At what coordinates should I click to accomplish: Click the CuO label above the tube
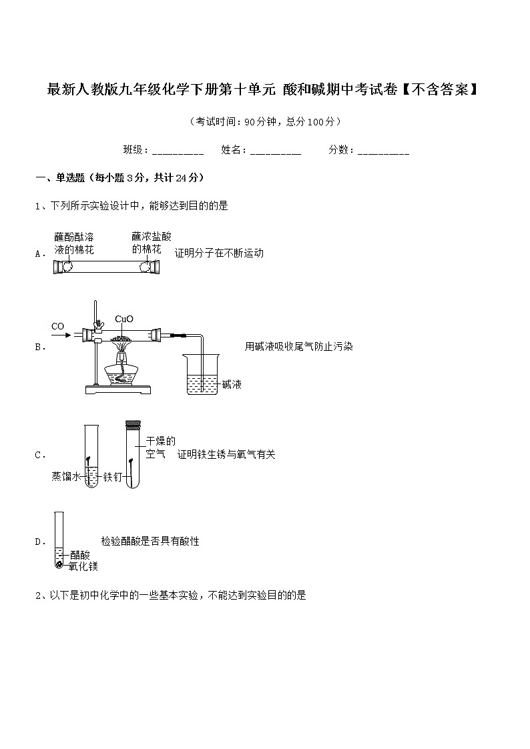(124, 319)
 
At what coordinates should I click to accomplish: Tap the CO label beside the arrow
(58, 326)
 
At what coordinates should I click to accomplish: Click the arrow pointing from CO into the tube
(62, 335)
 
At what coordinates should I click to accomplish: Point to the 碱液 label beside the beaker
(232, 384)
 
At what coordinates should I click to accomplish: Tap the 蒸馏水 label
(66, 476)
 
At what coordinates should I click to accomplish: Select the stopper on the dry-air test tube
(134, 425)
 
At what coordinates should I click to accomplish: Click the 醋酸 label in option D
(79, 555)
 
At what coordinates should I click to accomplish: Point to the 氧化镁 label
(83, 566)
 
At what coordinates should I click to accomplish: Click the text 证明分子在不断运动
(219, 253)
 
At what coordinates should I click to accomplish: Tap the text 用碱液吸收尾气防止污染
(298, 346)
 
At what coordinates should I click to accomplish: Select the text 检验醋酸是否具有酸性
(150, 541)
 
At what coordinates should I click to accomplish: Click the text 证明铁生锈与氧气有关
(226, 454)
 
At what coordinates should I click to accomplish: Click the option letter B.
(39, 347)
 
